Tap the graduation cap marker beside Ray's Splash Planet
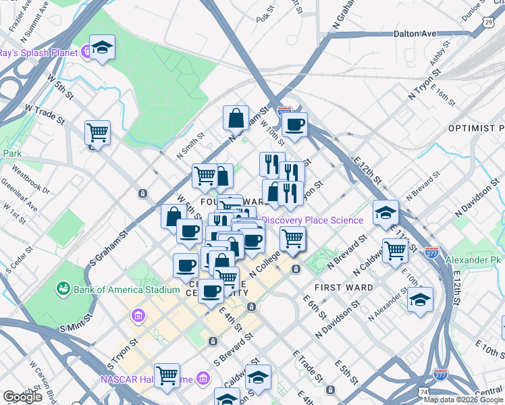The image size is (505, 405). (x=102, y=48)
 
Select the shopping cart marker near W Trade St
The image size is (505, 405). (x=98, y=132)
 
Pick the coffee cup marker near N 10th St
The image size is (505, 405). (x=294, y=125)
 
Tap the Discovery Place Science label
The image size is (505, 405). (x=312, y=220)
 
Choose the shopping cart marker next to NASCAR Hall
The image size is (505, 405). (x=166, y=375)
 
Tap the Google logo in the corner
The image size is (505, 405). (x=22, y=397)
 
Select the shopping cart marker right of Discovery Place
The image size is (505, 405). (x=292, y=238)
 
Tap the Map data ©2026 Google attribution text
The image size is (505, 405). (x=462, y=400)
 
